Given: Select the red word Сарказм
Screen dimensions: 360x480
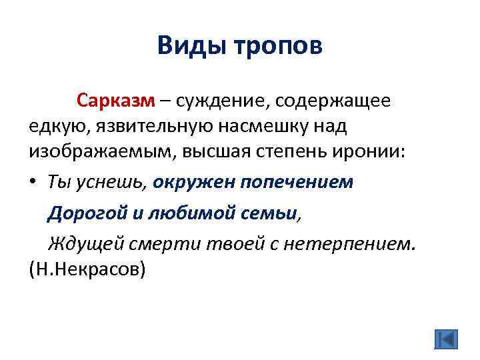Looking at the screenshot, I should [x=115, y=101].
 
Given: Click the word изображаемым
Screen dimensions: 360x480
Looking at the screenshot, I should [x=99, y=151].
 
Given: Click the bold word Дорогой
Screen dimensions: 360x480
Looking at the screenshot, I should [x=83, y=213].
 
